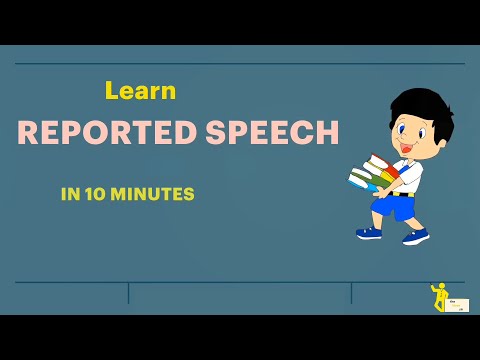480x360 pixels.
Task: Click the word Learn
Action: pos(140,91)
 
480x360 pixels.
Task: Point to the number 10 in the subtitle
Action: pos(92,194)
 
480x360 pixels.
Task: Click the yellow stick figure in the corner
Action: pos(438,297)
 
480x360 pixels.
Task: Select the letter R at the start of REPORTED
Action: pos(27,133)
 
